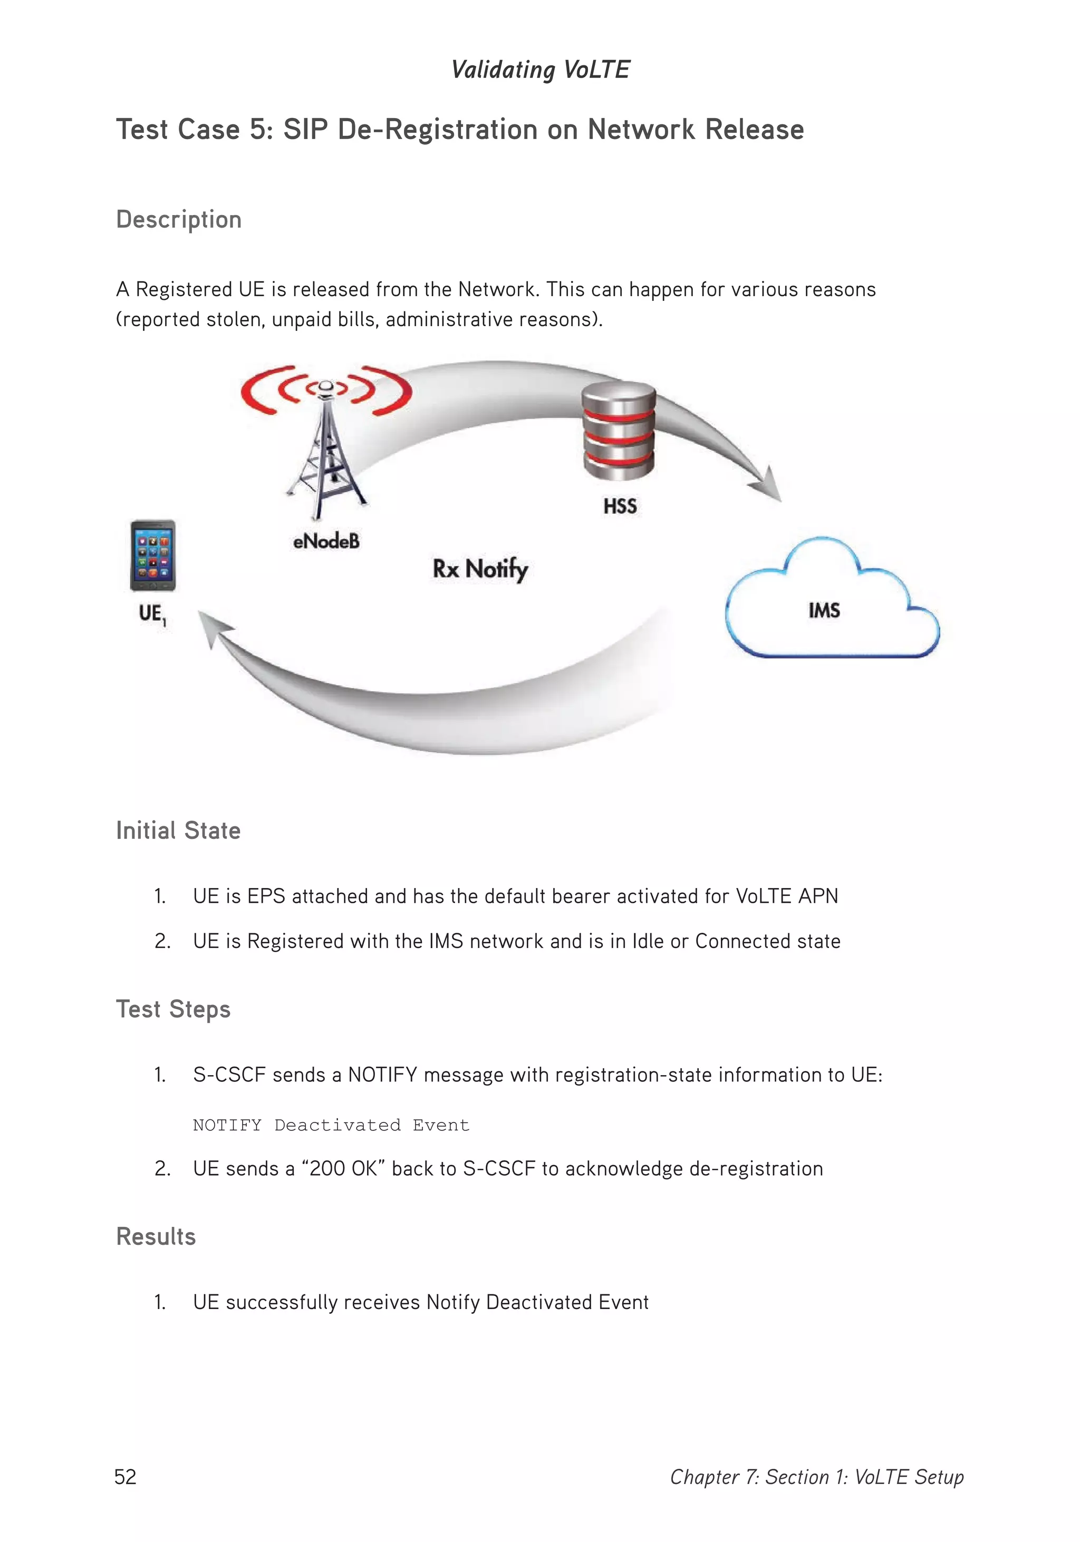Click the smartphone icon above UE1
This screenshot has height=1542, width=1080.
click(152, 555)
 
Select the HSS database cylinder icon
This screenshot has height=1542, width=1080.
click(618, 431)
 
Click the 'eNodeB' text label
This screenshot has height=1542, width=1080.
click(326, 541)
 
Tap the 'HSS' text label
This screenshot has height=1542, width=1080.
click(620, 506)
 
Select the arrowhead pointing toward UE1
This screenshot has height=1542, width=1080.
click(214, 628)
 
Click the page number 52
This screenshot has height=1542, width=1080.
click(126, 1476)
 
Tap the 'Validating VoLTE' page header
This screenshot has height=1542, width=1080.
click(541, 69)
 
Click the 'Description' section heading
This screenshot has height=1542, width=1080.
click(179, 220)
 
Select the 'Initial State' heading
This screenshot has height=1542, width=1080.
click(178, 831)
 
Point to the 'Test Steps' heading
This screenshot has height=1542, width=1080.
click(173, 1009)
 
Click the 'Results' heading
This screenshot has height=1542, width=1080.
click(156, 1236)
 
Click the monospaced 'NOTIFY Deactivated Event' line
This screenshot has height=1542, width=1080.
click(331, 1125)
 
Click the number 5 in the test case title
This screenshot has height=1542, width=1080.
click(257, 130)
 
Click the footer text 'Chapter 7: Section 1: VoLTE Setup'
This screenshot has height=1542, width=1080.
click(816, 1477)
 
